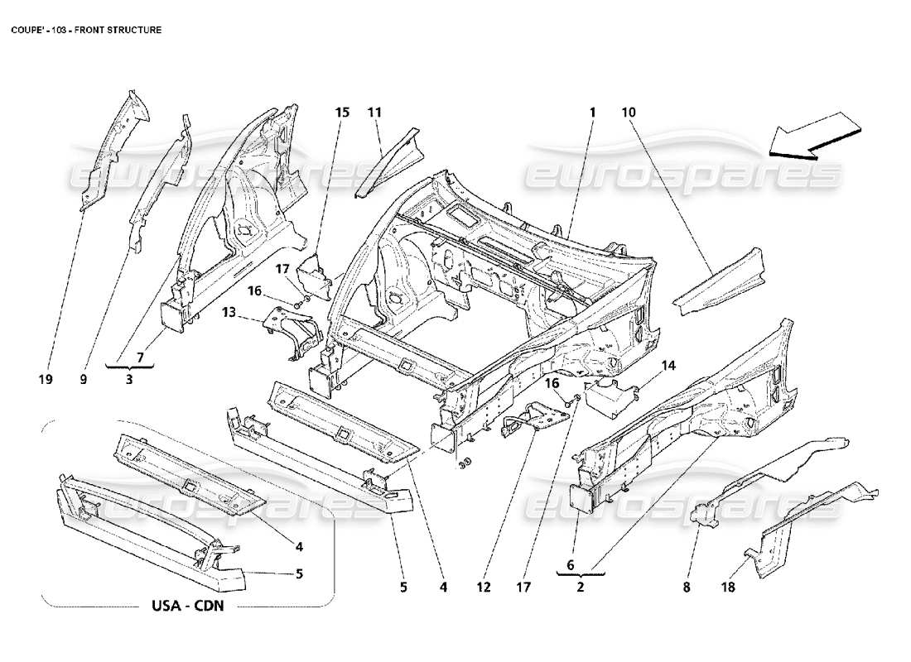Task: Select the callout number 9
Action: point(84,380)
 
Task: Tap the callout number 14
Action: point(668,365)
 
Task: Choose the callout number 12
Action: point(484,588)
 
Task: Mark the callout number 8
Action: point(686,588)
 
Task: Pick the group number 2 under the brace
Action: point(581,588)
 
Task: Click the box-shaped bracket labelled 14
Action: point(610,395)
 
